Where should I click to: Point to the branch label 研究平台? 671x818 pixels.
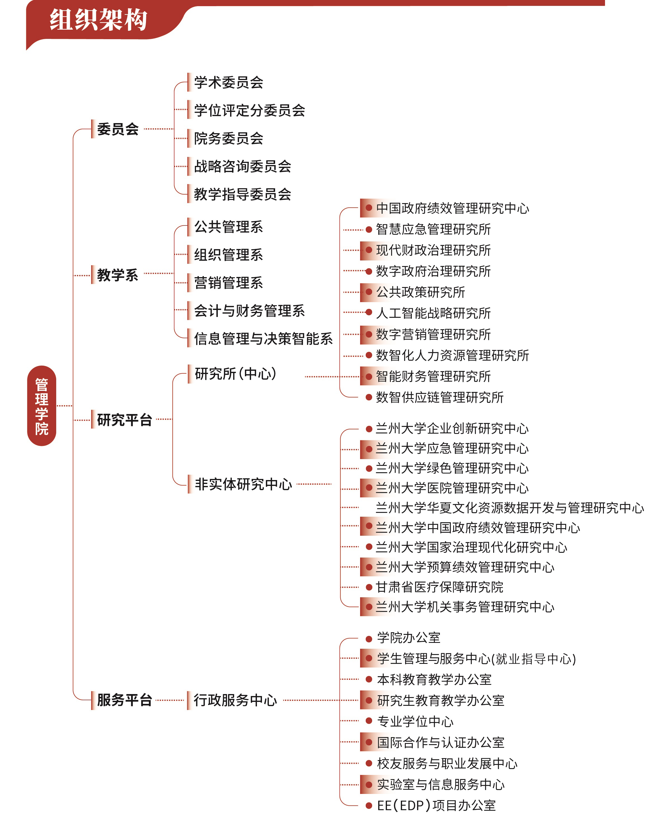tap(124, 419)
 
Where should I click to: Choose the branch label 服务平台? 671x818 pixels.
tap(124, 700)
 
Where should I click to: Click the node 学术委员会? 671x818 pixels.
tap(229, 82)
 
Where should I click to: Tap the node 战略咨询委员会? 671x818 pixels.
tap(243, 166)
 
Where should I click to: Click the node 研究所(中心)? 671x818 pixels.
tap(236, 374)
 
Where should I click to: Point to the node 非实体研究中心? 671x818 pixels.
tap(244, 484)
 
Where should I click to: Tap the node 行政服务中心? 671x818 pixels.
tap(236, 700)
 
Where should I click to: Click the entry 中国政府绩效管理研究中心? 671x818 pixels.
tap(453, 208)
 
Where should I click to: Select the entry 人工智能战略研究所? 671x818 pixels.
tap(433, 313)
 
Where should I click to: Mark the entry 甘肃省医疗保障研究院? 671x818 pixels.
tap(440, 587)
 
